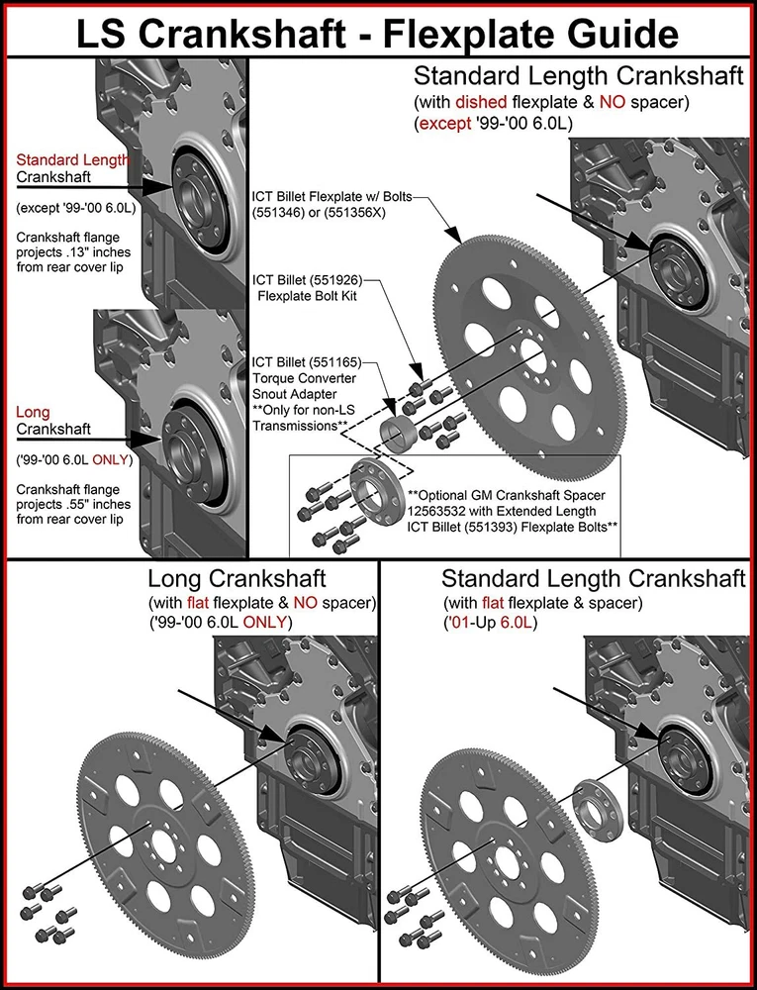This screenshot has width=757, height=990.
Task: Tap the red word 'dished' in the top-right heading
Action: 481,102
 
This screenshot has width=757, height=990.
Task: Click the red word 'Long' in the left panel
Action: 34,412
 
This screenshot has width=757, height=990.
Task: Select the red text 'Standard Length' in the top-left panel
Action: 71,160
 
